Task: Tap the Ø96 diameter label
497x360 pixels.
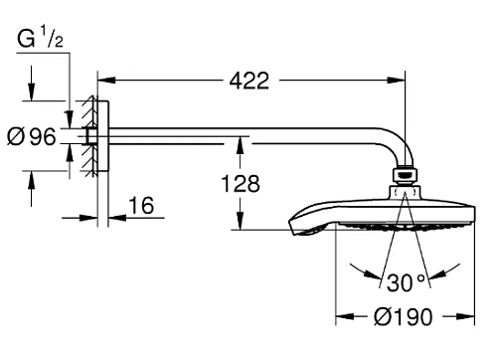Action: point(31,137)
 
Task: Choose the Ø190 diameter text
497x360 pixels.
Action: point(404,318)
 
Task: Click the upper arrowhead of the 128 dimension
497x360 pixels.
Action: point(241,143)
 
